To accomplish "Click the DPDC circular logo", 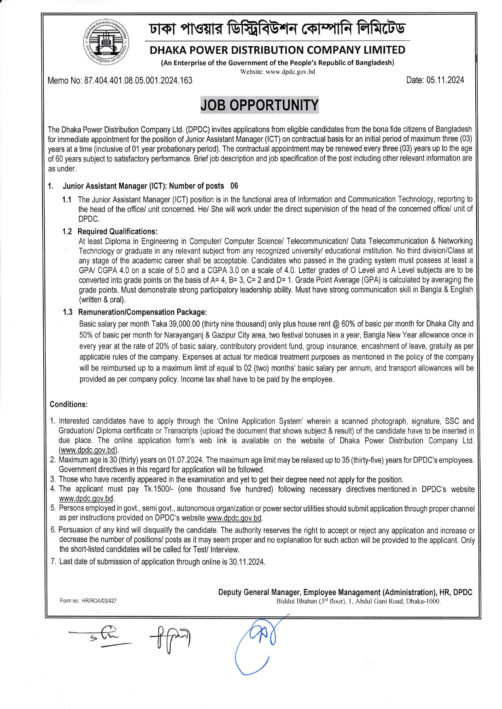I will coord(106,43).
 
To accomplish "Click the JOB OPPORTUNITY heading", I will coord(259,105).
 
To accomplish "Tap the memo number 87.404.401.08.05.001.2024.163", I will coord(138,80).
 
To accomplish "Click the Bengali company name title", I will coord(277,28).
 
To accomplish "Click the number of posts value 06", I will coord(234,186).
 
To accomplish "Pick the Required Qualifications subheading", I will coord(117,232).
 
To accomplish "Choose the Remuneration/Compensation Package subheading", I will coord(142,312).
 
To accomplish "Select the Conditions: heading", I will coord(69,404).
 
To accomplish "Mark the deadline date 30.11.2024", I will coord(247,562).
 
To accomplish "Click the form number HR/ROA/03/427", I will coord(99,601).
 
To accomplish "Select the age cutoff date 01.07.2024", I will coord(184,460).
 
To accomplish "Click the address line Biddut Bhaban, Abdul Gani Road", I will coord(358,601).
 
